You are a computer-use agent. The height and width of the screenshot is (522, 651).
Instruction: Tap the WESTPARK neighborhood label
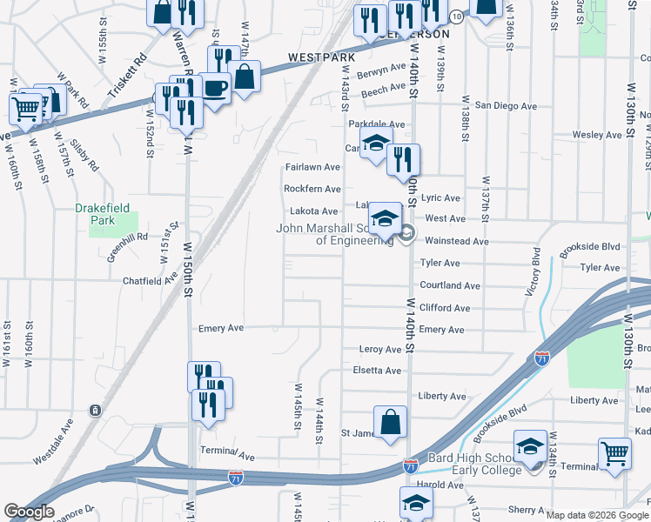pos(323,57)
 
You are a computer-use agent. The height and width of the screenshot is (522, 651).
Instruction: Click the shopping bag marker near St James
pos(391,422)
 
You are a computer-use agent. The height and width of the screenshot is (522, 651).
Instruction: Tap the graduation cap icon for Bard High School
pos(530,446)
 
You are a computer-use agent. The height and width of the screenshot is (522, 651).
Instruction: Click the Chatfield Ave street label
pos(151,281)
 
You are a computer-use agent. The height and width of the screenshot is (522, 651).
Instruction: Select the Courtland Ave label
pos(449,285)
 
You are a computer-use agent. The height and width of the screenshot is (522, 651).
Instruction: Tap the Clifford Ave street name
pos(444,308)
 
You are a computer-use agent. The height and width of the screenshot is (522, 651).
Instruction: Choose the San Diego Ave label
pos(506,105)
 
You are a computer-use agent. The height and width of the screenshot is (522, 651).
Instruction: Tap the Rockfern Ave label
pos(312,189)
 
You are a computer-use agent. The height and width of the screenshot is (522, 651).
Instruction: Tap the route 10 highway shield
pos(456,17)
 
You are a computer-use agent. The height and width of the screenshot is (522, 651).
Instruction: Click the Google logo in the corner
pos(30,512)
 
